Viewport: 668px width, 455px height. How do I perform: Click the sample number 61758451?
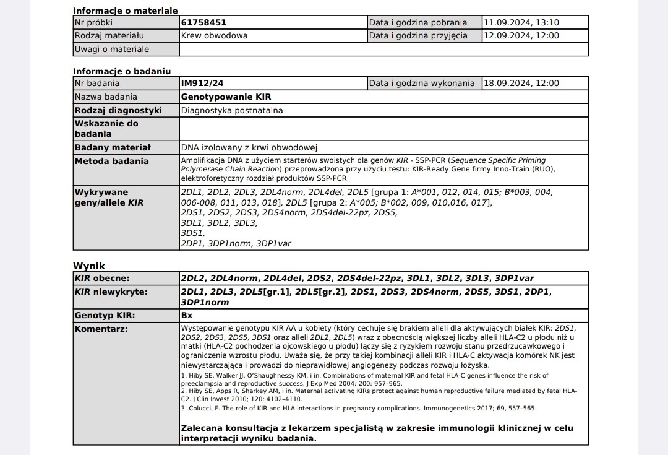tap(203, 23)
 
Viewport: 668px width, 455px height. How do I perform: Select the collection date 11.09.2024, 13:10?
tap(521, 23)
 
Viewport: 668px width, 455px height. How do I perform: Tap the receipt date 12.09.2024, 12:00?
tap(521, 36)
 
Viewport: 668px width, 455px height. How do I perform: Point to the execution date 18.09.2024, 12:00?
tap(521, 84)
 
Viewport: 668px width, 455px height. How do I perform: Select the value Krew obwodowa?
tap(214, 36)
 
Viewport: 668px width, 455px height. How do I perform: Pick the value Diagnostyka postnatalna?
tap(232, 111)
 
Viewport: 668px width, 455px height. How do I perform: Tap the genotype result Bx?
tap(187, 316)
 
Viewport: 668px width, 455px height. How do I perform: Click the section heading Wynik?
tap(89, 266)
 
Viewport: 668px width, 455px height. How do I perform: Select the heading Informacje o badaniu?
tap(122, 71)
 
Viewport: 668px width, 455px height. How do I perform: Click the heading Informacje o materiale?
tap(126, 11)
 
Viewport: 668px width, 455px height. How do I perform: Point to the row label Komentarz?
tap(101, 329)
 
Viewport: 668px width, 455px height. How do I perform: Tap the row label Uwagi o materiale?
tap(112, 50)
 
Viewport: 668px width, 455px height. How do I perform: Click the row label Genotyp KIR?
tap(105, 316)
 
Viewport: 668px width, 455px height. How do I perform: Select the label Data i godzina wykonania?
tap(422, 84)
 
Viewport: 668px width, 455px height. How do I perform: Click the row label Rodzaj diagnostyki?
tap(118, 111)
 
